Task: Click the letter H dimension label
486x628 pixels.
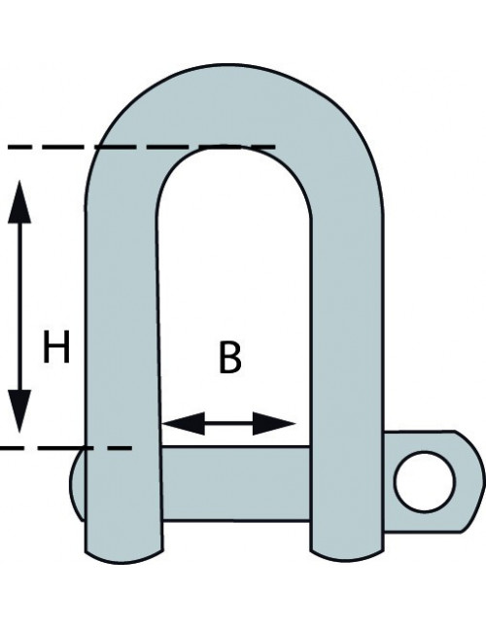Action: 56,347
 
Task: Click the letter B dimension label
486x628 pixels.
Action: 230,357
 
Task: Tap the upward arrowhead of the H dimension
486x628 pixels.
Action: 19,201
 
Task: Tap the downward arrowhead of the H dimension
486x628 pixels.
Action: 19,411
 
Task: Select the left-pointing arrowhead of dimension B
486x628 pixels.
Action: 184,423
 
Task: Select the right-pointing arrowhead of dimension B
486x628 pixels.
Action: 274,423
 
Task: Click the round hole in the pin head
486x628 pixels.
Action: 425,481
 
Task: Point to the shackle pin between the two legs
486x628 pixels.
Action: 235,483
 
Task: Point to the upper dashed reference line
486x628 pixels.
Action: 141,148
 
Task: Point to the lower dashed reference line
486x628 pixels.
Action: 66,448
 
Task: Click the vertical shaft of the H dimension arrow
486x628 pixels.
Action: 19,306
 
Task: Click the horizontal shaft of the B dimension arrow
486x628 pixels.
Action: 228,423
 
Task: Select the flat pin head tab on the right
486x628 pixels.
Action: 433,481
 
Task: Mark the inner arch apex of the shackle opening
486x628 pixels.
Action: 232,147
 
